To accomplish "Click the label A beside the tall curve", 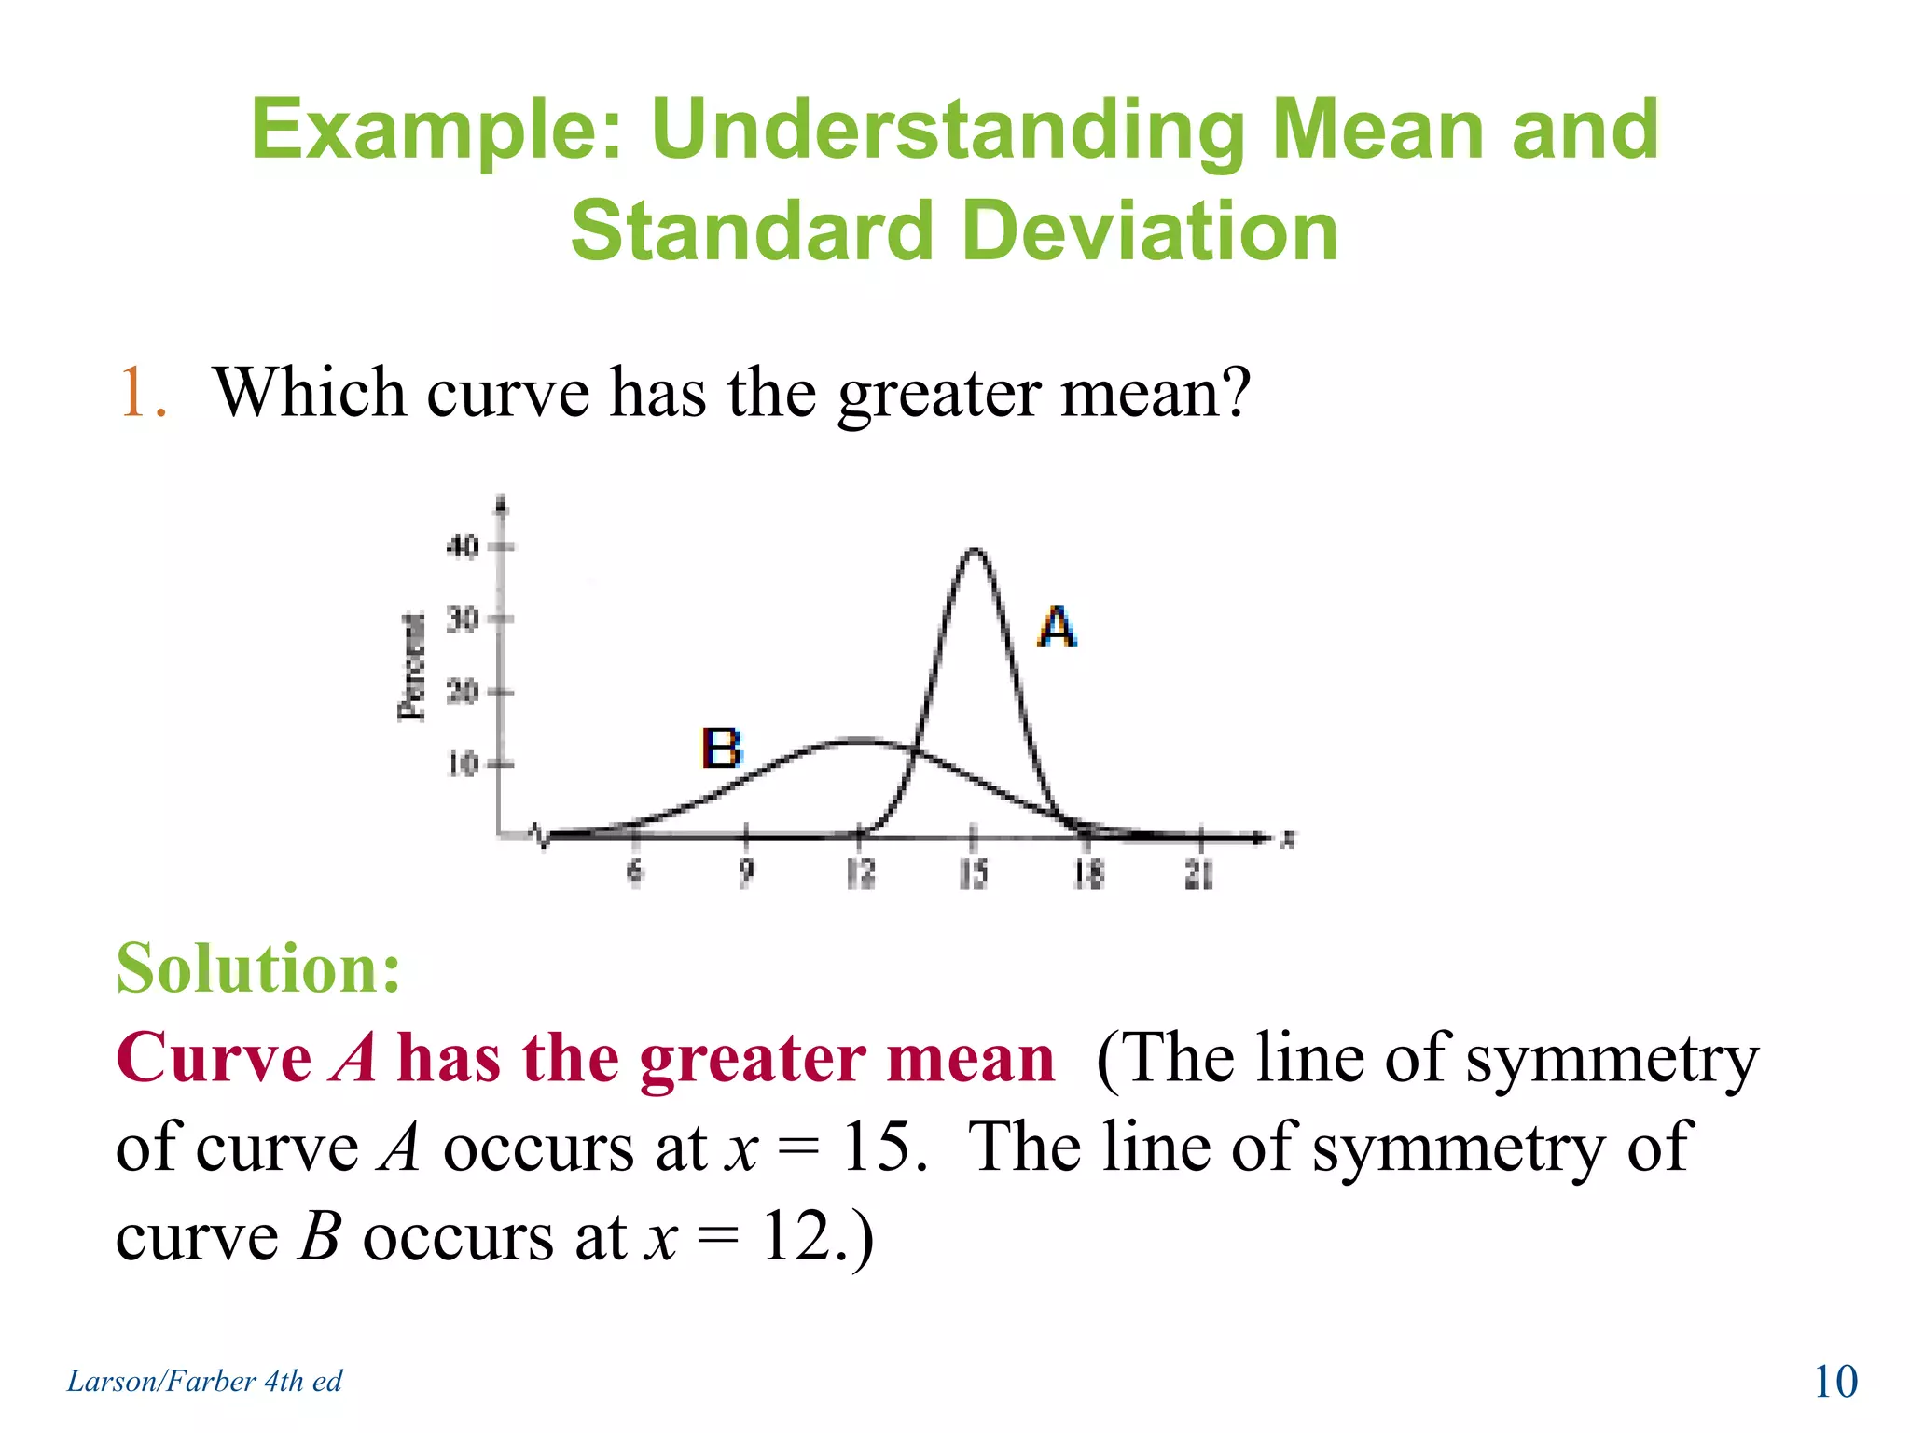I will point(1057,627).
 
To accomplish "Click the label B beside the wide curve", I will point(720,748).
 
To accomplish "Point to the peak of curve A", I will point(974,550).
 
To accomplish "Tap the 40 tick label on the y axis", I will point(463,546).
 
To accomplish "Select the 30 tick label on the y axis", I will point(463,619).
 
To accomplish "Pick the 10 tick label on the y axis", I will point(463,764).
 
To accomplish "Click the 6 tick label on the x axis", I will point(634,874).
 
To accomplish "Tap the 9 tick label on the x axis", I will point(746,874).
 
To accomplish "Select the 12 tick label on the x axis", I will point(860,874).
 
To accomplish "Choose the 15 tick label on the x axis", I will point(974,874).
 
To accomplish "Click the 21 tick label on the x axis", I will point(1199,874).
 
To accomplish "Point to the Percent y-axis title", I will point(411,666).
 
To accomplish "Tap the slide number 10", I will point(1834,1381).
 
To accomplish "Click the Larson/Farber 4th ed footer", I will point(204,1381).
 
